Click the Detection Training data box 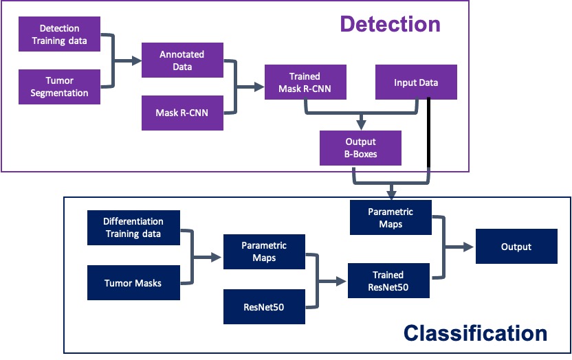point(60,34)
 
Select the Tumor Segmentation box point(60,87)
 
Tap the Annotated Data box point(182,60)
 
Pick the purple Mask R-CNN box point(182,113)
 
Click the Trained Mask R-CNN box point(305,82)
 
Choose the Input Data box point(416,82)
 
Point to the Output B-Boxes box point(360,148)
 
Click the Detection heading point(390,25)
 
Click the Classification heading point(475,334)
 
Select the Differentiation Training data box point(133,227)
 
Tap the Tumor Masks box point(133,282)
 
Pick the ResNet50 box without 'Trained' point(264,306)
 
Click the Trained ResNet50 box point(388,281)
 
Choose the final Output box point(516,247)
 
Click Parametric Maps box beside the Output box point(390,217)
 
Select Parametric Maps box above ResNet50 point(264,251)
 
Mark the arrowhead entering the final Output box point(471,247)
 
